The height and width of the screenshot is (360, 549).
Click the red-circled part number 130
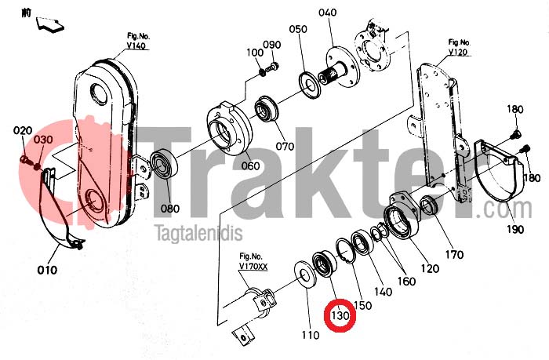[x=340, y=315]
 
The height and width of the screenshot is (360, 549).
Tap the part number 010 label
[x=47, y=270]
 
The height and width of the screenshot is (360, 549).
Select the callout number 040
[x=327, y=13]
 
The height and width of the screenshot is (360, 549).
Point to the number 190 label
[x=515, y=229]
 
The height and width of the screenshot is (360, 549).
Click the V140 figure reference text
[x=136, y=45]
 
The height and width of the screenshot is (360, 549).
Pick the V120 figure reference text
[x=458, y=53]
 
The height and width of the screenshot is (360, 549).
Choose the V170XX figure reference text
[x=253, y=267]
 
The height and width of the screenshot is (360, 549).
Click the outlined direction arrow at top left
[x=49, y=25]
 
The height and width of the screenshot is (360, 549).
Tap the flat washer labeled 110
[x=305, y=275]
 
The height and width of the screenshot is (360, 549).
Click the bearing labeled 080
[x=164, y=164]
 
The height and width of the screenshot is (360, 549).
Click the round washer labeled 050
[x=310, y=85]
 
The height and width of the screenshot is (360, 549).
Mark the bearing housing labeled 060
[x=229, y=129]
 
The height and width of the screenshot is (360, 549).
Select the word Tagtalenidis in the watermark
[x=199, y=234]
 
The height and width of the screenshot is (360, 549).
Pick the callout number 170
[x=454, y=254]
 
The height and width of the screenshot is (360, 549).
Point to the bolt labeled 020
[x=25, y=160]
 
